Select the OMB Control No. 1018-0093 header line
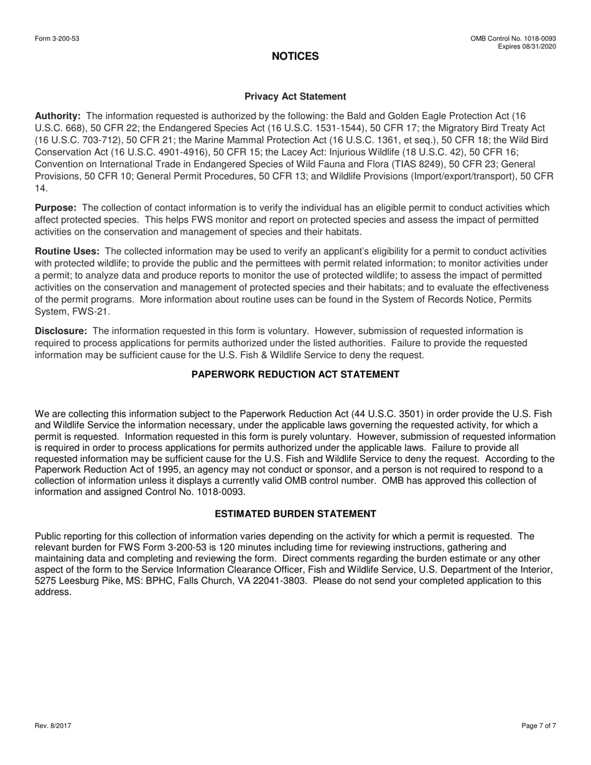(513, 39)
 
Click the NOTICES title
(295, 57)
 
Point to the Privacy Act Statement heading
(295, 96)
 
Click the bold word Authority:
(58, 116)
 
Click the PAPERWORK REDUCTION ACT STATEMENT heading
(295, 374)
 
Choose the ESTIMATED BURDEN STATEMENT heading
(295, 514)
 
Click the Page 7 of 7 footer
(539, 726)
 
